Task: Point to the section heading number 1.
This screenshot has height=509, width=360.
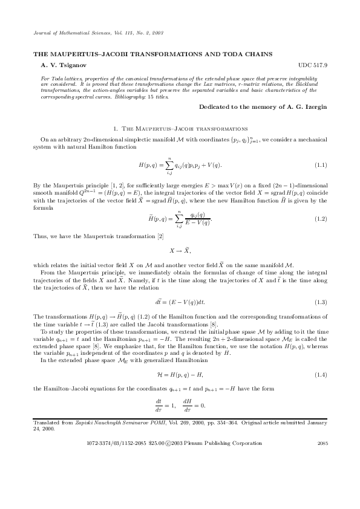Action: point(116,129)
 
